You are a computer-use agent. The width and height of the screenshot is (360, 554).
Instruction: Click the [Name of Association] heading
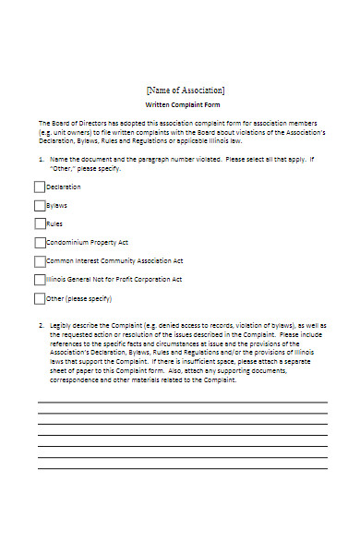(185, 90)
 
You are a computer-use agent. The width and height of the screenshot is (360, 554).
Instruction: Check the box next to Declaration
(40, 187)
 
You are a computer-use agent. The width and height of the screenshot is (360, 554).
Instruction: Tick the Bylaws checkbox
(40, 205)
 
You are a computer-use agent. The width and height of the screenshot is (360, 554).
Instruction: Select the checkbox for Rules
(40, 223)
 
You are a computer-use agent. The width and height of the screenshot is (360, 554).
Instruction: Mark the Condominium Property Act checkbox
(40, 243)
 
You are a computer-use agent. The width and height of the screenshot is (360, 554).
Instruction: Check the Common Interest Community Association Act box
(40, 261)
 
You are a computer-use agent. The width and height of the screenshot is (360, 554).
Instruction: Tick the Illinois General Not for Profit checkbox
(40, 280)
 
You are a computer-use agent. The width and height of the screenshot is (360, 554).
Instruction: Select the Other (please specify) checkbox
(40, 298)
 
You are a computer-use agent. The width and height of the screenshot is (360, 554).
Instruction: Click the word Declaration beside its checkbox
(63, 187)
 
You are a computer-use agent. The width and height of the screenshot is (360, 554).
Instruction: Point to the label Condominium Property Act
(87, 243)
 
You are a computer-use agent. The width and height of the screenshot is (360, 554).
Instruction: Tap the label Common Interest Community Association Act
(114, 261)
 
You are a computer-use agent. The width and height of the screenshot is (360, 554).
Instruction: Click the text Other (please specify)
(78, 298)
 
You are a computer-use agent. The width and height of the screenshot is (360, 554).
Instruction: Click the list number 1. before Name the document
(41, 160)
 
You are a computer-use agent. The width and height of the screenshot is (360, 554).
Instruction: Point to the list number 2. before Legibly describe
(41, 326)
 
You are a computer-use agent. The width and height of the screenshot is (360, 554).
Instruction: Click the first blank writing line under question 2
(182, 403)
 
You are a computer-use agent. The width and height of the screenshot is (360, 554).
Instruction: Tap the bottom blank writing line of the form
(182, 468)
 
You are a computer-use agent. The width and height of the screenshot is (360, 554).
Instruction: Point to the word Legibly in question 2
(62, 326)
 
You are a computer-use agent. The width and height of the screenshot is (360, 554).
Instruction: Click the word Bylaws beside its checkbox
(57, 205)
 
